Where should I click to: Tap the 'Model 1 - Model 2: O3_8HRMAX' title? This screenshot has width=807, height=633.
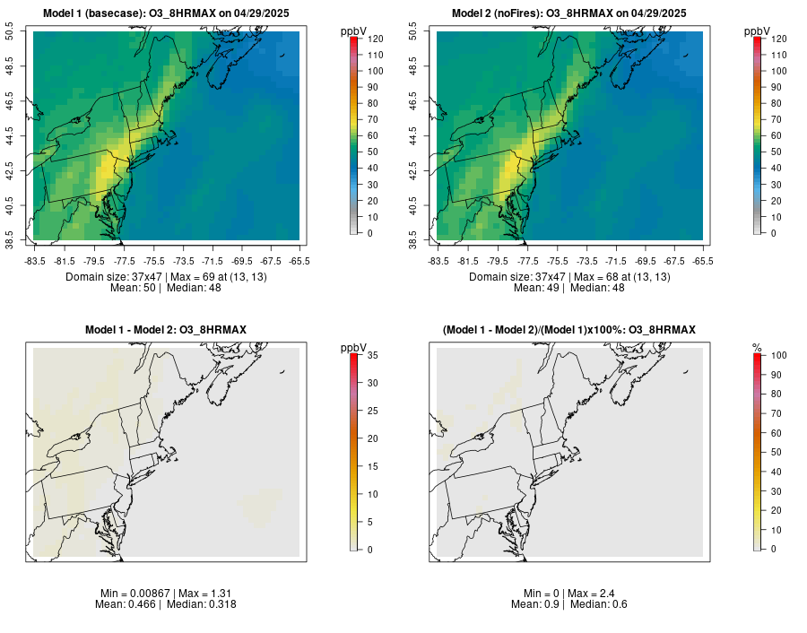coord(166,331)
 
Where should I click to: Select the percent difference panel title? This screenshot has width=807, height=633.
coord(569,331)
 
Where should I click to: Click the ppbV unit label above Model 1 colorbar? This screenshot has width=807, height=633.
coord(354,31)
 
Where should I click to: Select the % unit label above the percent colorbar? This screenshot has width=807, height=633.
coord(757,348)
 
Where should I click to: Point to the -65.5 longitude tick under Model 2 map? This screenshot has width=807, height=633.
coord(704,261)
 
